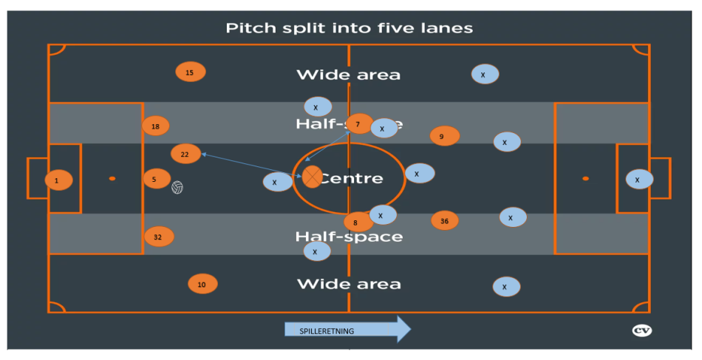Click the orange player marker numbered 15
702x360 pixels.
[190, 72]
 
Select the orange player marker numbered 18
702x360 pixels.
[155, 126]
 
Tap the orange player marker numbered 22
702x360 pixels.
[185, 154]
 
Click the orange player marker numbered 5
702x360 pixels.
[156, 179]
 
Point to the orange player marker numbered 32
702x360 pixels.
[158, 237]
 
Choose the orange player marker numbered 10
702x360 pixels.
[202, 284]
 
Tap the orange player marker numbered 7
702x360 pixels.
[358, 124]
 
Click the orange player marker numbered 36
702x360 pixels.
[444, 220]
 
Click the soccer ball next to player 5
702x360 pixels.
[177, 187]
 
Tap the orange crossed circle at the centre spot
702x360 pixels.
[313, 177]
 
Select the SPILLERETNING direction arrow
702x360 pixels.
[347, 330]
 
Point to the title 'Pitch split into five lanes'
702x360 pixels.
[349, 28]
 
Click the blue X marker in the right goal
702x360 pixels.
[638, 179]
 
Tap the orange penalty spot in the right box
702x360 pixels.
[585, 178]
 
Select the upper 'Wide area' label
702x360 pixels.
[348, 75]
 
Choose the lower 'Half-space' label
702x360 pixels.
[349, 237]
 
